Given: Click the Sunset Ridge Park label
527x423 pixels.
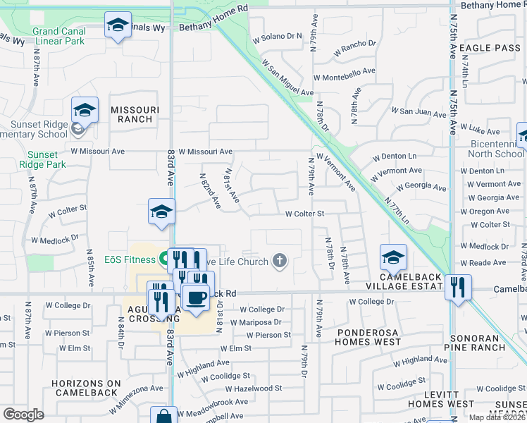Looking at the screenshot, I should pos(46,159).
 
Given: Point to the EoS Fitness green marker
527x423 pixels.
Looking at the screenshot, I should pos(163,259).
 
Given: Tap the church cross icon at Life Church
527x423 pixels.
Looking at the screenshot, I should pos(280,262).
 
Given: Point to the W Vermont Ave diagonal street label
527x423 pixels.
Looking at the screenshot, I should pos(336,172).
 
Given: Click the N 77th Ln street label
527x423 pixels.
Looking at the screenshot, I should pos(397,211).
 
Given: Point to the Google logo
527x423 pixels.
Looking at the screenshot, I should pos(23,414).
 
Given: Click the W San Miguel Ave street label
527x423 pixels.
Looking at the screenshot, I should pos(287,78).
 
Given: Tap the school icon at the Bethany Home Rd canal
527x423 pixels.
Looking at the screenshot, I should pos(118,26).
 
